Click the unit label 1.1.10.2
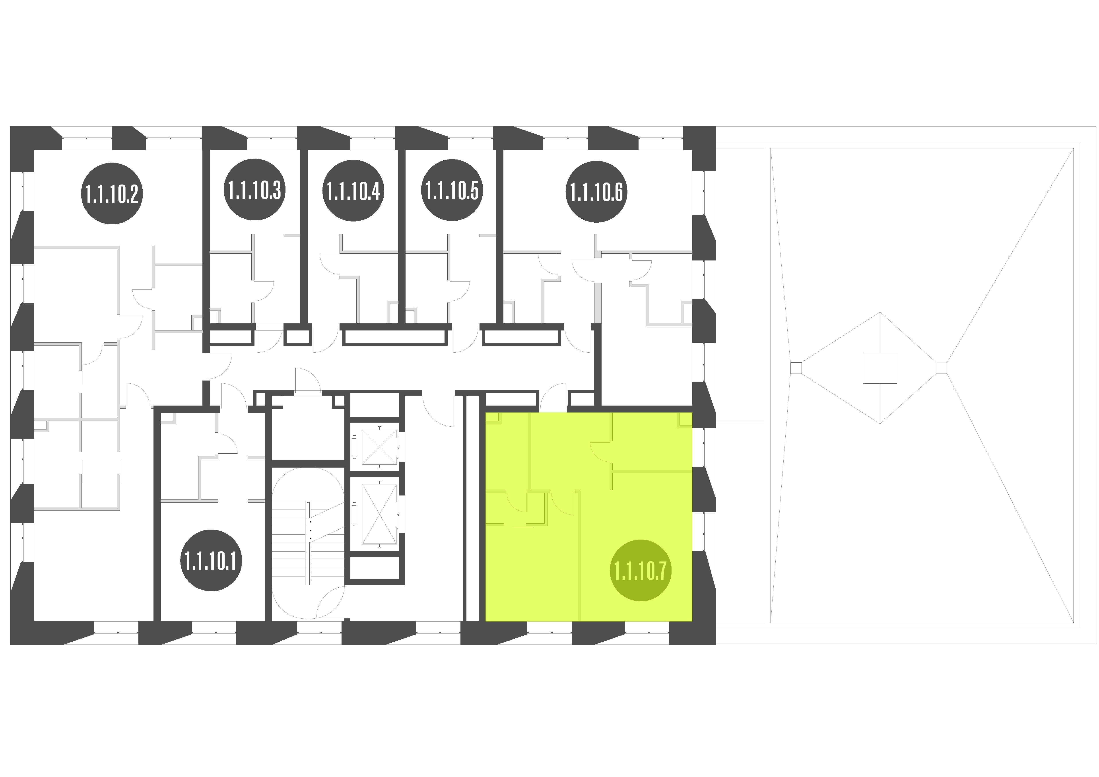click(x=112, y=193)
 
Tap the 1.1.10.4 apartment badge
click(x=353, y=190)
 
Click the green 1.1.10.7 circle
click(x=641, y=571)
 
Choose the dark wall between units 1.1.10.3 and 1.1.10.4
click(x=303, y=237)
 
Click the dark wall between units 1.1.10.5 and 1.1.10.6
click(x=500, y=237)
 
